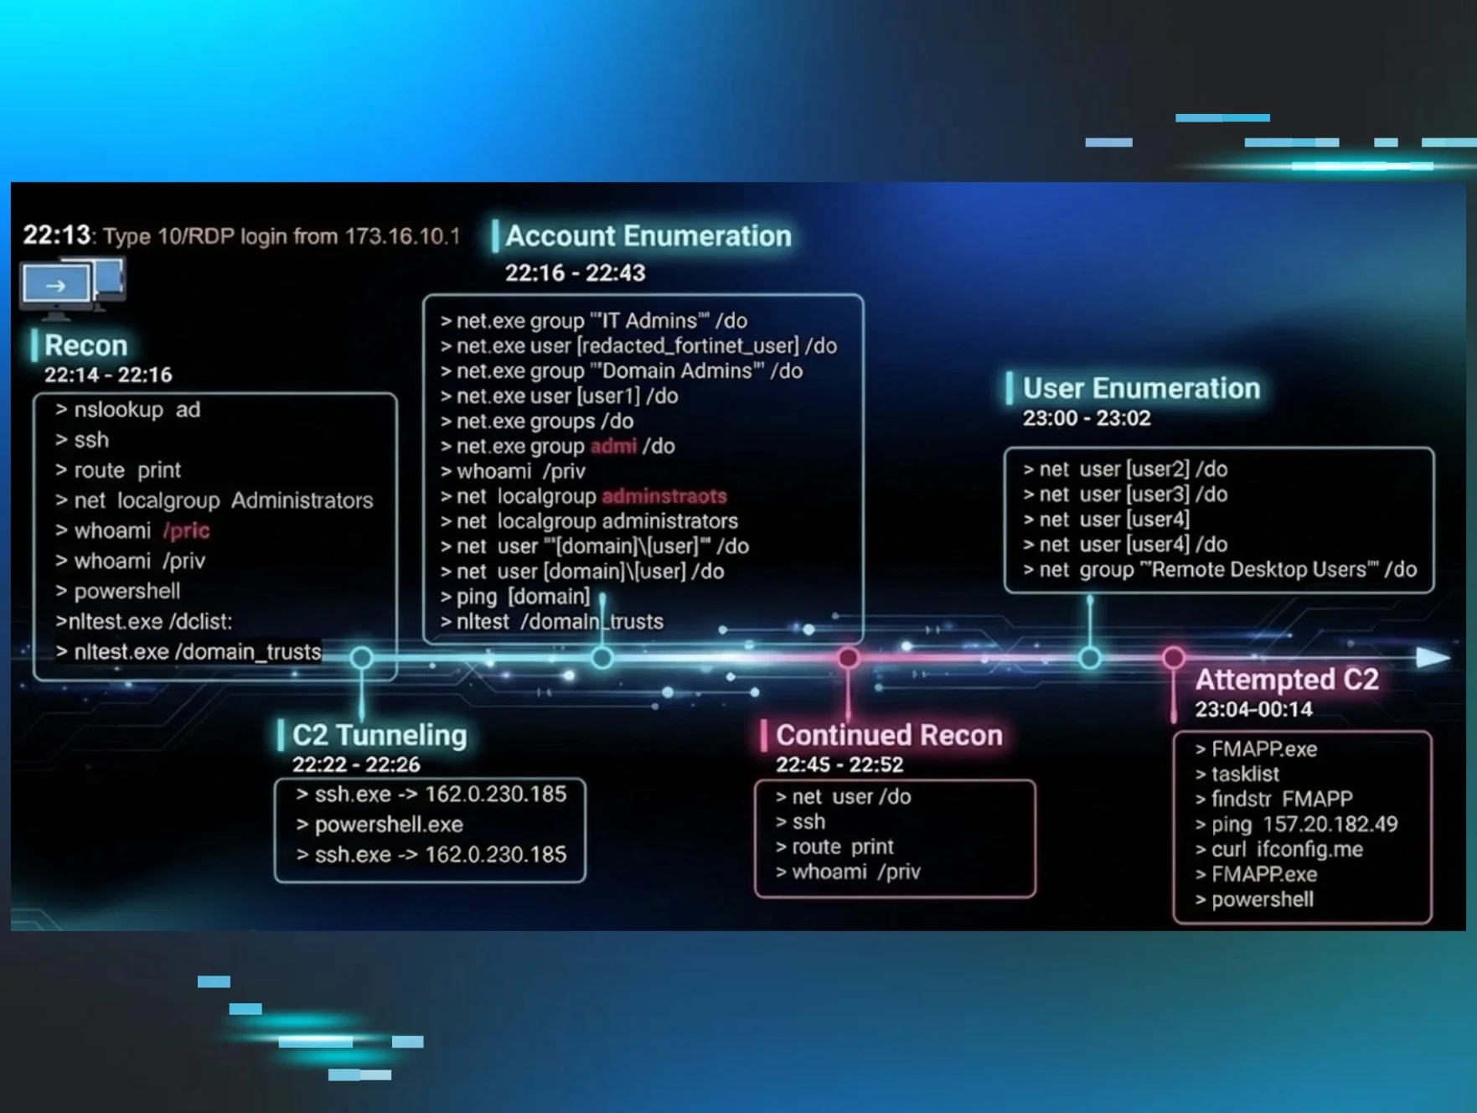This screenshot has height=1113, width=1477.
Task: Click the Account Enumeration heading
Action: tap(648, 236)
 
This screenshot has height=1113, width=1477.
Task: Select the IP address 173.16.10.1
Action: tap(402, 236)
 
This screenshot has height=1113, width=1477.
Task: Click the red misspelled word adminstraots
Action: tap(664, 496)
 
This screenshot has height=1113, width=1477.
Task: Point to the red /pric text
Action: tap(186, 531)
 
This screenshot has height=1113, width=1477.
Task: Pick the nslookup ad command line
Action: tap(127, 410)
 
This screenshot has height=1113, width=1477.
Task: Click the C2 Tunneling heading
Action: tap(379, 735)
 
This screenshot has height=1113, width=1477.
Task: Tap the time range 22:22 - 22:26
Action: tap(356, 764)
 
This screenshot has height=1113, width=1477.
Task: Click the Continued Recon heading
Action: tap(888, 735)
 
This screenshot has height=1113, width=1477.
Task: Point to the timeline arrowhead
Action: tap(1433, 658)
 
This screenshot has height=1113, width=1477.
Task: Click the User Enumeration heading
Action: tap(1141, 389)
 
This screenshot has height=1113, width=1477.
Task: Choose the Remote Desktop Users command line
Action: tap(1220, 570)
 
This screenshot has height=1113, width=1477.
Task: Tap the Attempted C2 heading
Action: tap(1286, 680)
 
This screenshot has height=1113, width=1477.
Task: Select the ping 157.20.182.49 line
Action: tap(1296, 825)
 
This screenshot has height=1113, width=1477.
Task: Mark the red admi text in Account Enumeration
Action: tap(613, 447)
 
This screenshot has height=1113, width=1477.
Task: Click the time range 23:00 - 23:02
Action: tap(1086, 418)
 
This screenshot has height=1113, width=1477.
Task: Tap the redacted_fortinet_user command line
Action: tap(638, 346)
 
